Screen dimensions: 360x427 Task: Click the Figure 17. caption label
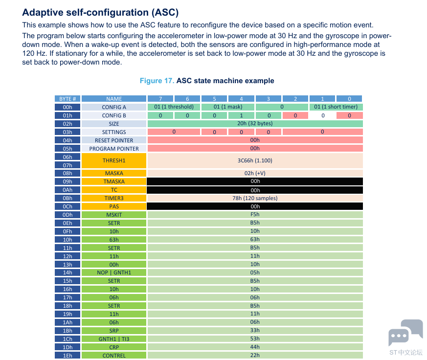157,81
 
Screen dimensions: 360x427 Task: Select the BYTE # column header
67,99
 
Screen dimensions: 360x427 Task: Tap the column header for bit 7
160,99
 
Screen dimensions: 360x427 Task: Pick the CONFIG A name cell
114,107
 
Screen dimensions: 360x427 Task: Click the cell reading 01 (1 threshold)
174,107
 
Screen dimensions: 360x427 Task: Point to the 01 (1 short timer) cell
336,107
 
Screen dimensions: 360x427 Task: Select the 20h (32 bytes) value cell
255,124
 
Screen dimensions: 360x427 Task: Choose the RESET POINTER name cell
114,140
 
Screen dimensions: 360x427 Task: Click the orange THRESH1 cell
114,161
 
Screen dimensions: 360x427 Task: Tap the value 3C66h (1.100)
255,161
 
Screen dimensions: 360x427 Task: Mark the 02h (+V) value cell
255,173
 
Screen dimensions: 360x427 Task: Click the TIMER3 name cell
114,198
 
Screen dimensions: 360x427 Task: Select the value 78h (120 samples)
255,198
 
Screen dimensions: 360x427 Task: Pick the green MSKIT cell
114,215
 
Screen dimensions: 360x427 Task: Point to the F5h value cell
255,215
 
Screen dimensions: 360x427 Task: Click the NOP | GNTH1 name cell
114,272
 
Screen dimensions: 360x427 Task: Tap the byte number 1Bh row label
67,331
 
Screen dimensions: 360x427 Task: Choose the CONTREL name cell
114,356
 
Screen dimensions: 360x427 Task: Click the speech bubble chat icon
405,333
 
